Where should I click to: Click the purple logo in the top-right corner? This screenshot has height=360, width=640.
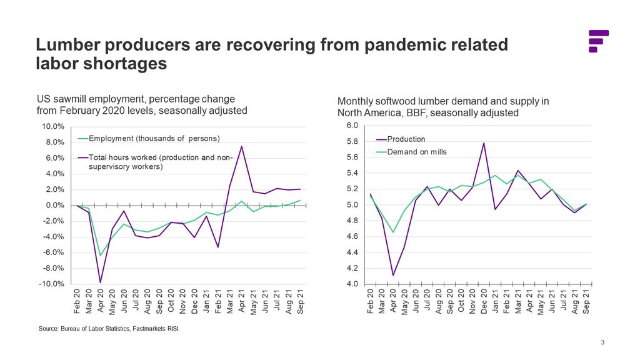(598, 41)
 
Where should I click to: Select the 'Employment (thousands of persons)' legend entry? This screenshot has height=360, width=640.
(154, 138)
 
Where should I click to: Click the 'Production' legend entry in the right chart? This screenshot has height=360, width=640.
(406, 139)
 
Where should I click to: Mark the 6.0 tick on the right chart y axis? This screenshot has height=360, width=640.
(352, 126)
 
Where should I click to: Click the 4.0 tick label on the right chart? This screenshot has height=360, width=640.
(352, 284)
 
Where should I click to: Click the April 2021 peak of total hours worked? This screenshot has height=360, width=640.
(241, 146)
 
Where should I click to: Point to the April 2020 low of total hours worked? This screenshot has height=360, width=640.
(101, 282)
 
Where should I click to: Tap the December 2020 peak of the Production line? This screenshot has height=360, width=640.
(484, 143)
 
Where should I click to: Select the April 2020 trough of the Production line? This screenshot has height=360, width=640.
(393, 276)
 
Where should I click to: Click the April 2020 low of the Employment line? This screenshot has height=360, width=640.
(101, 255)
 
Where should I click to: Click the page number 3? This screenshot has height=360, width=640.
(602, 342)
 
